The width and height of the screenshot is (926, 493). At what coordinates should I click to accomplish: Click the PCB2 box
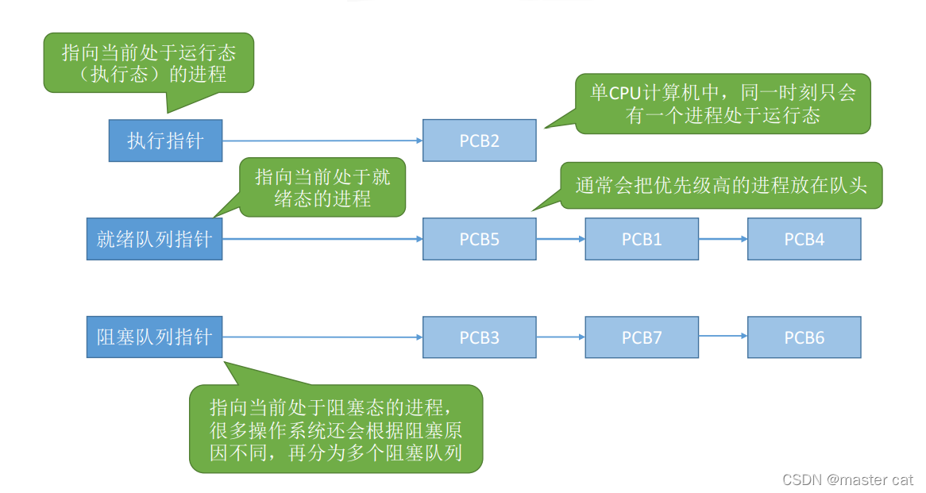tap(479, 141)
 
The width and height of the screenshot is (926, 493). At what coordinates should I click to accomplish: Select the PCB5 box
tap(479, 239)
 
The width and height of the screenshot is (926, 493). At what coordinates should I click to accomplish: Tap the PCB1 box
tap(642, 239)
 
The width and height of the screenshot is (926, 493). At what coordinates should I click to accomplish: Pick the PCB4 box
tap(804, 239)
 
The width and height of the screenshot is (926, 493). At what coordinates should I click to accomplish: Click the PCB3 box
tap(479, 337)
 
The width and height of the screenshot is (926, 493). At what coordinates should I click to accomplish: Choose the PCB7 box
tap(642, 337)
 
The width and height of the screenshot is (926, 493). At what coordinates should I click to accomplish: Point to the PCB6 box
tap(804, 337)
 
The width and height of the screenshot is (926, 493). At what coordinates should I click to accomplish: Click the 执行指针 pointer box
tap(165, 141)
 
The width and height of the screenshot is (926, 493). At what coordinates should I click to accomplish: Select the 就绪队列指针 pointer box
tap(154, 239)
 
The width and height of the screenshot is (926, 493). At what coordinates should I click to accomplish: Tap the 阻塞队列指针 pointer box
tap(154, 337)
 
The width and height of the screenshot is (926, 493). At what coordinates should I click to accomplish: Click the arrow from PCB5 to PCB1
tap(561, 238)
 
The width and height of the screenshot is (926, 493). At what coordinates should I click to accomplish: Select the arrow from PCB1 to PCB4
tap(723, 238)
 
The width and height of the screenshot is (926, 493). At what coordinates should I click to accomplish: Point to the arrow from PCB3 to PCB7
tap(561, 337)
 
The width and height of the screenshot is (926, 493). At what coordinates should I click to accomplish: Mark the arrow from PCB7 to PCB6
tap(723, 337)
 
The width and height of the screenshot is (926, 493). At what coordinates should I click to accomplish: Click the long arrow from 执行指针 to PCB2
tap(322, 141)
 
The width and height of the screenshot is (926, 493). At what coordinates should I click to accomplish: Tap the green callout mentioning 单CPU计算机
tap(722, 103)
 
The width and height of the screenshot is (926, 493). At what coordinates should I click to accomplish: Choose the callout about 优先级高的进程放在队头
tap(720, 186)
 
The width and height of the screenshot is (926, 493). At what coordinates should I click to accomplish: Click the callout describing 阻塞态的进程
tap(335, 429)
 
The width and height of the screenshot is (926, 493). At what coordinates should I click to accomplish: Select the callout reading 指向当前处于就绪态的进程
tap(322, 187)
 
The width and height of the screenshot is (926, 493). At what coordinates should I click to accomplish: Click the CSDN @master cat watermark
tap(847, 480)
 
